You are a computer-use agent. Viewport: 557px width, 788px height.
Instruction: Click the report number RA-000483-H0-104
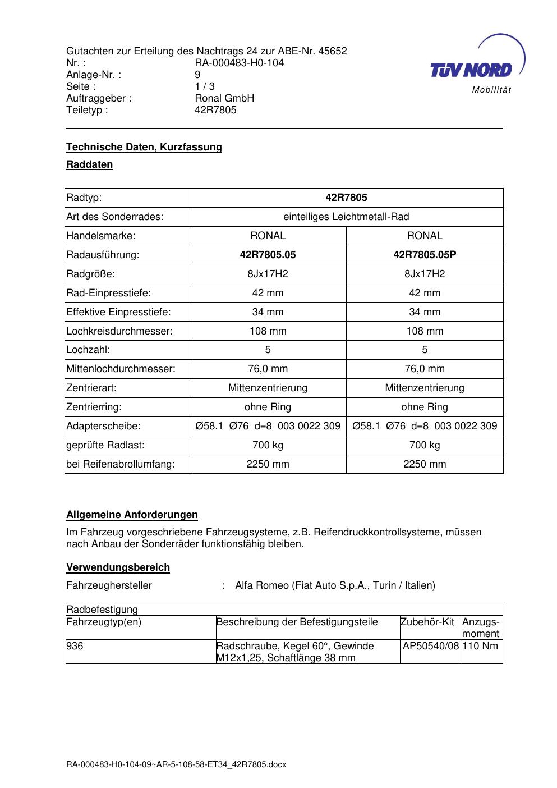pos(239,63)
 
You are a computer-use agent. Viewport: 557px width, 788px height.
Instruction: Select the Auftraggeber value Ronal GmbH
pos(224,98)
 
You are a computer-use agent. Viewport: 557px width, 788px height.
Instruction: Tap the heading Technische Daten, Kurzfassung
pos(144,147)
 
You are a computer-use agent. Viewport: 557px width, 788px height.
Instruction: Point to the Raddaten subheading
pos(90,165)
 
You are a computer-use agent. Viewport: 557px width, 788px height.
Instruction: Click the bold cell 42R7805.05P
pos(425,255)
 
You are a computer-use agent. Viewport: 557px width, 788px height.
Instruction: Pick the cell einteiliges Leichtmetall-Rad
pos(346,217)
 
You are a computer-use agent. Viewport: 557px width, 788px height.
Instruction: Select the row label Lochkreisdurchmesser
pos(119,331)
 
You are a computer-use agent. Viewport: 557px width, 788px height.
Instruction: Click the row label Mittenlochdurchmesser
pos(121,369)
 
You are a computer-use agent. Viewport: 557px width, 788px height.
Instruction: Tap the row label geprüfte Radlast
pos(105,445)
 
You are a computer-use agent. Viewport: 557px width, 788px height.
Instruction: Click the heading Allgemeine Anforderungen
pos(132,515)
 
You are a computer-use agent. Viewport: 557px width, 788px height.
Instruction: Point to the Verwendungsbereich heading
pos(118,567)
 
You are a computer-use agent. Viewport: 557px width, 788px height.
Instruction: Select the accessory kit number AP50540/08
pos(431,646)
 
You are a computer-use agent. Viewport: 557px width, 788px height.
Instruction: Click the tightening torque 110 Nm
pos(481,646)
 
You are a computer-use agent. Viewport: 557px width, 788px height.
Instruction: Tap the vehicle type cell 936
pos(75,646)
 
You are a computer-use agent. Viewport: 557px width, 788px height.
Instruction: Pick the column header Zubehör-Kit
pos(427,622)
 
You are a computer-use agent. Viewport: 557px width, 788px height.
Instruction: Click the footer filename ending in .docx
pos(176,764)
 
